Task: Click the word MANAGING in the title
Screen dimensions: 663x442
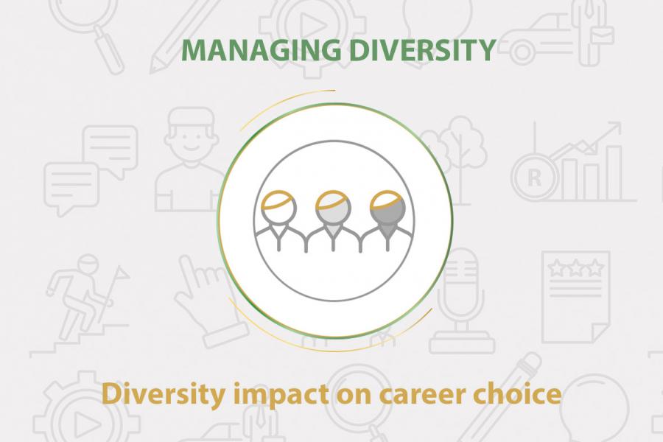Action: [261, 50]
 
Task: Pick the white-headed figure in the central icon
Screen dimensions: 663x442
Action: [278, 221]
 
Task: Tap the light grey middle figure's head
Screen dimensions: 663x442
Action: [333, 207]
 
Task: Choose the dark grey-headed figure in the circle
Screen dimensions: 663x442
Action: [387, 221]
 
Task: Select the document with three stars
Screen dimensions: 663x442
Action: [575, 297]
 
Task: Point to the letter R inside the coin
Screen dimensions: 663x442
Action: [535, 178]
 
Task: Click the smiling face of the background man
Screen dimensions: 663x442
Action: [190, 135]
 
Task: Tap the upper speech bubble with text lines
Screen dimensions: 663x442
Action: [110, 149]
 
